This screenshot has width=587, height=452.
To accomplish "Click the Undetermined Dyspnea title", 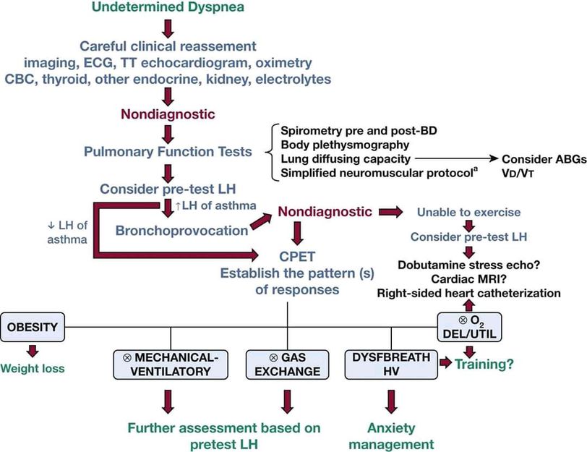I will pyautogui.click(x=168, y=8).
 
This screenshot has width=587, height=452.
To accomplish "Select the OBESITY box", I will pyautogui.click(x=32, y=327).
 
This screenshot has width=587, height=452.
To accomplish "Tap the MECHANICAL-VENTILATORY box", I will pyautogui.click(x=170, y=364).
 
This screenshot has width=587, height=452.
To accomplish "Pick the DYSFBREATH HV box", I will pyautogui.click(x=391, y=364).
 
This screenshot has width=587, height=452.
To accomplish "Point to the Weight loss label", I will pyautogui.click(x=33, y=368).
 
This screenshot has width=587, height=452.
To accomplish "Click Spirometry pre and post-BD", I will pyautogui.click(x=352, y=130).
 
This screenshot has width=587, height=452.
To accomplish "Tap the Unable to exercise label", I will pyautogui.click(x=468, y=213).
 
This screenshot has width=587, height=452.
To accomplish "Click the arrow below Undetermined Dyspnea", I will pyautogui.click(x=168, y=28).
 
